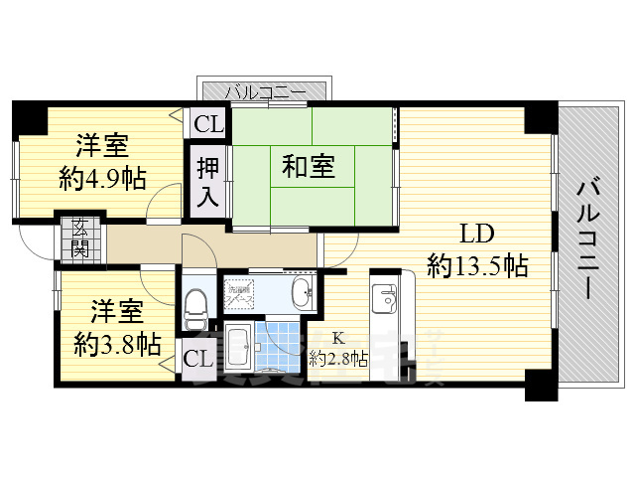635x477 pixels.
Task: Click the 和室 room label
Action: coord(308,167)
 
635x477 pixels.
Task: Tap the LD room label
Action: coord(476,236)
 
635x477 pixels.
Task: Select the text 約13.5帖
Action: coord(476,266)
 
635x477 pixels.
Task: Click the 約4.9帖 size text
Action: coord(102,179)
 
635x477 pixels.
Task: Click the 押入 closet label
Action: coord(207,181)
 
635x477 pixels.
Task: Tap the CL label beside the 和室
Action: coord(208,124)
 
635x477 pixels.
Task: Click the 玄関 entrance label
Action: coord(78,238)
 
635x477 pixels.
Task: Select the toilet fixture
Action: coord(195,303)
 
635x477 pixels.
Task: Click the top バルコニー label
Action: coord(262,92)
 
